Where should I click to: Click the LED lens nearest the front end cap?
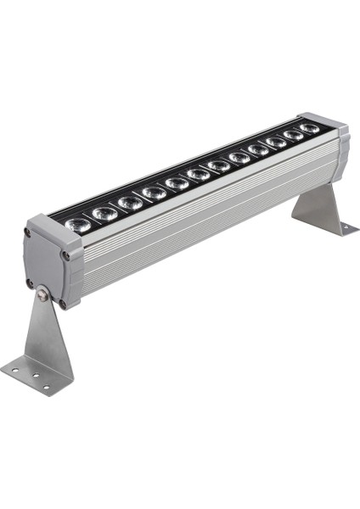[x=77, y=225]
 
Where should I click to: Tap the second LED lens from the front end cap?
[x=104, y=214]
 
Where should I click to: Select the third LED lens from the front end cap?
[x=130, y=203]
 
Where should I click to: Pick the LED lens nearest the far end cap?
[x=309, y=129]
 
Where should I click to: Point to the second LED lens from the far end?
[x=293, y=135]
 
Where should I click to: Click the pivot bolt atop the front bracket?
[x=41, y=295]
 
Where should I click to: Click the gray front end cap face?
[x=48, y=267]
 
